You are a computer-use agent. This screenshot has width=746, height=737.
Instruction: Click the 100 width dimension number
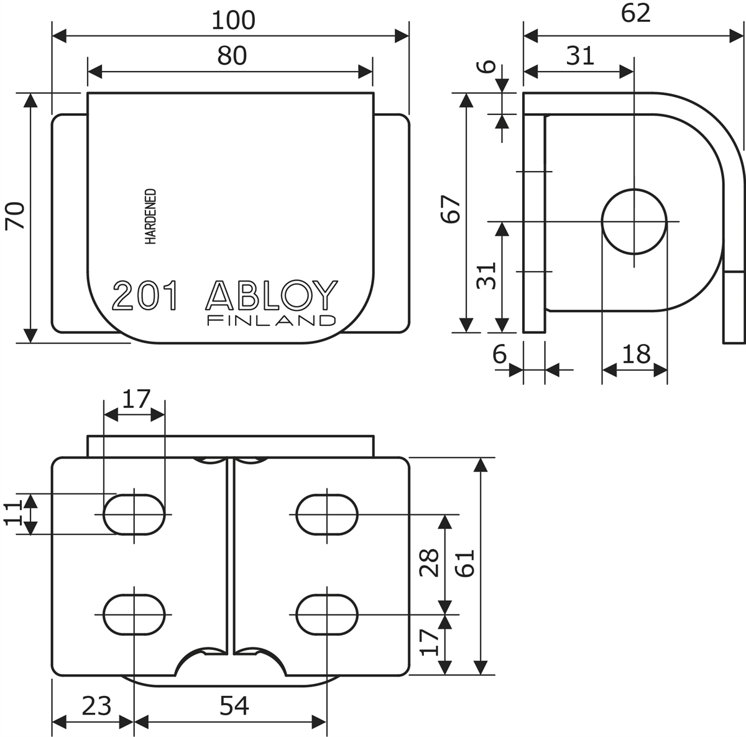[234, 21]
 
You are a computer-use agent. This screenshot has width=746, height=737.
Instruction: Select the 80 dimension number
[232, 56]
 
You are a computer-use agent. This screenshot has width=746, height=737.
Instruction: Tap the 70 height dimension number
[15, 215]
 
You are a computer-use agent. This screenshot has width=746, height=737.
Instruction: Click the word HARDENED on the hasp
[150, 216]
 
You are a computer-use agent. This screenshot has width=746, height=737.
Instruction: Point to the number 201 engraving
[145, 295]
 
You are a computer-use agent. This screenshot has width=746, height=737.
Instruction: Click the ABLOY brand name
[272, 295]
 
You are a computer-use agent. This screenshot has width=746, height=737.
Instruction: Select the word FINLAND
[272, 320]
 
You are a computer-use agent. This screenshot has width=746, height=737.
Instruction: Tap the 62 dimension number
[635, 14]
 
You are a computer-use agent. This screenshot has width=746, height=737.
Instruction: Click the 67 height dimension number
[451, 209]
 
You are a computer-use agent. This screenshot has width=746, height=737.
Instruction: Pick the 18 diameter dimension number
[636, 354]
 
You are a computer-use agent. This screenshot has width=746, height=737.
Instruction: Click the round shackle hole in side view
[634, 221]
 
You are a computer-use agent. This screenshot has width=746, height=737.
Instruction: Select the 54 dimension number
[234, 706]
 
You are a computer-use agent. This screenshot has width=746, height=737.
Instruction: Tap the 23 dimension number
[96, 706]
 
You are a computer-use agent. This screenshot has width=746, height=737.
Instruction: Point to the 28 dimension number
[429, 563]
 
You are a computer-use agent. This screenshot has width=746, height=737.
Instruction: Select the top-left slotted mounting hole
[134, 514]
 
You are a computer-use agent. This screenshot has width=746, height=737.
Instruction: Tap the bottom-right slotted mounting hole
[327, 614]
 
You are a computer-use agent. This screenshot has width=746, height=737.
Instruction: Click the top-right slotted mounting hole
[327, 514]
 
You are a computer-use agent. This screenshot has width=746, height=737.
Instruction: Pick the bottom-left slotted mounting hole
[134, 614]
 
